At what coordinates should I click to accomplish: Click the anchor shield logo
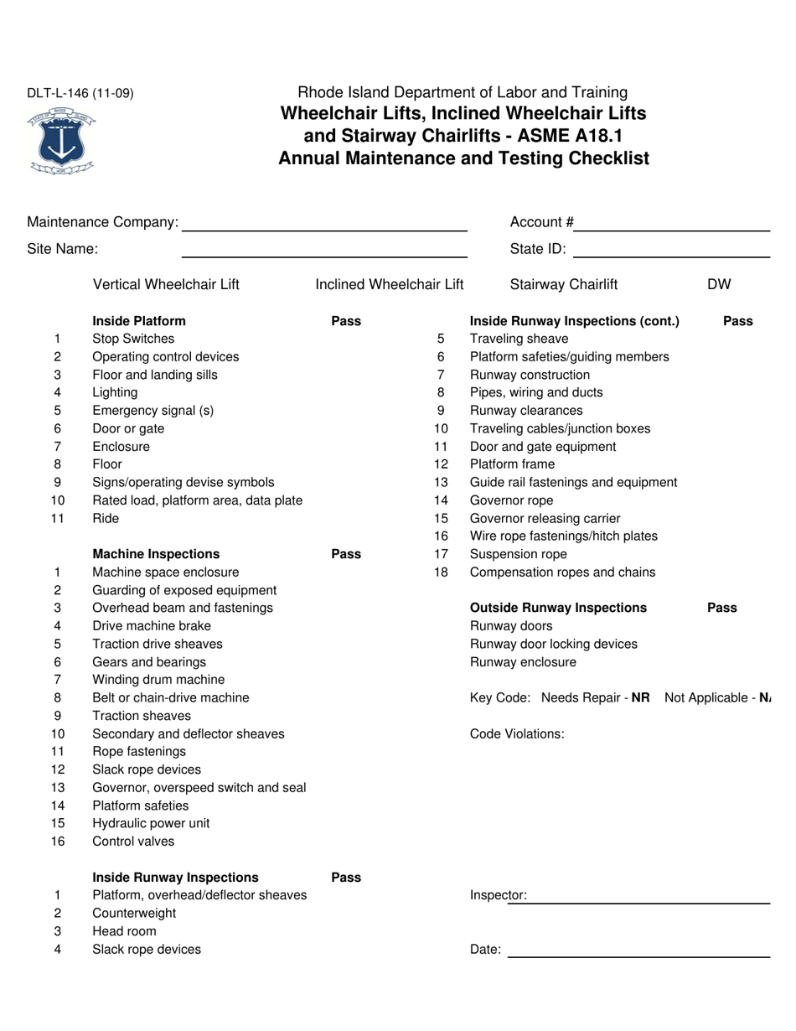point(61,141)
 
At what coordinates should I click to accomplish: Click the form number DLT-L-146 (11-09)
point(80,93)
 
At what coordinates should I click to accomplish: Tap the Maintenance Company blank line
point(324,225)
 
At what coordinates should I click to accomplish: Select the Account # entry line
point(672,225)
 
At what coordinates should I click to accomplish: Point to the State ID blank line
point(672,251)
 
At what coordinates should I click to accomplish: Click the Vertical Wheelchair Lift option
point(166,284)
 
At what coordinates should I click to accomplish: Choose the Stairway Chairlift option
point(564,284)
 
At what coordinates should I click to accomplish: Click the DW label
point(719,284)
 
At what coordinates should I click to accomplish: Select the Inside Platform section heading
point(139,321)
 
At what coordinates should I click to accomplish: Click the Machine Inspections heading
point(156,554)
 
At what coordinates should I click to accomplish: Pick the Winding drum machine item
point(158,680)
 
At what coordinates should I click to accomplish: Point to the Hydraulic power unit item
point(151,823)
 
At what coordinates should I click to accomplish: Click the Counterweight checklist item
point(134,913)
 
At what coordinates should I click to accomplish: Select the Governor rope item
point(512,500)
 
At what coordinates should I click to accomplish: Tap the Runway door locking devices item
point(554,644)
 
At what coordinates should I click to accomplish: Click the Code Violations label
point(517,734)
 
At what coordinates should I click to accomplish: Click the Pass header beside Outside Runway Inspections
point(722,608)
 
